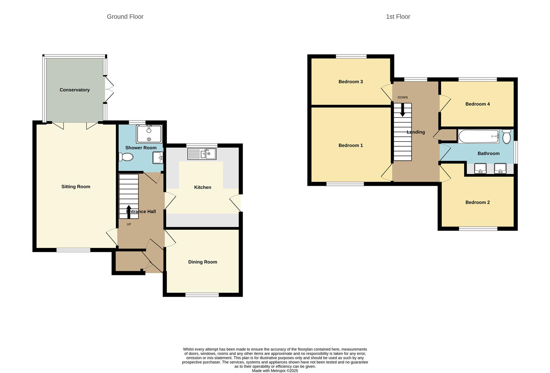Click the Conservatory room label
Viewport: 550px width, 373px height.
(75, 90)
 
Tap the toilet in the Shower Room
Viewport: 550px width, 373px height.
(126, 157)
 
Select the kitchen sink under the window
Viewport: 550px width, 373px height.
(202, 154)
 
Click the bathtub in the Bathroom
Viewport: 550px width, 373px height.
(478, 136)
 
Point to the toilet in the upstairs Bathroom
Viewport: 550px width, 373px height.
(506, 137)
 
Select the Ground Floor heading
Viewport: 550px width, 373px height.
(125, 17)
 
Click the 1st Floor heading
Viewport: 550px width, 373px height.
(398, 17)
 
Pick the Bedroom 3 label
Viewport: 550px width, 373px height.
(351, 82)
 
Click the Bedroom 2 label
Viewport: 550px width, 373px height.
(477, 202)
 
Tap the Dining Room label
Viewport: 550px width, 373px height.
(203, 262)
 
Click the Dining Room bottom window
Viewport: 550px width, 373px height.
(202, 295)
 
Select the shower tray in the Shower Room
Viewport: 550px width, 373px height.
(149, 134)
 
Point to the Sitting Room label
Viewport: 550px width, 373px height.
(76, 186)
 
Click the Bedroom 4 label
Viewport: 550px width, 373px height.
(477, 104)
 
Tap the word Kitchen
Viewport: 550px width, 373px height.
(203, 187)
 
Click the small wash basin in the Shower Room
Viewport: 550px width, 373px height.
(158, 158)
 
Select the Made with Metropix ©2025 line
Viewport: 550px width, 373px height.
(275, 371)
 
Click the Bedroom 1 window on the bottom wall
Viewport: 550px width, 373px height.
(345, 184)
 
